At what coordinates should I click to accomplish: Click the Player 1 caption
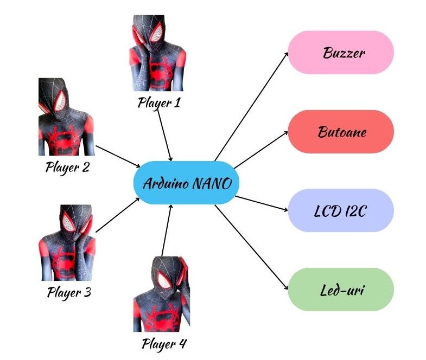point(158,102)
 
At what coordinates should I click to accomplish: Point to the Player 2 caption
point(67,167)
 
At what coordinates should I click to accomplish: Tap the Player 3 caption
point(69,293)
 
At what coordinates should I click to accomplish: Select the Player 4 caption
point(164,344)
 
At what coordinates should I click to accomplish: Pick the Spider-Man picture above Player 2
point(65,117)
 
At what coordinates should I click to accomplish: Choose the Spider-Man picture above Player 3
point(68,242)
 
